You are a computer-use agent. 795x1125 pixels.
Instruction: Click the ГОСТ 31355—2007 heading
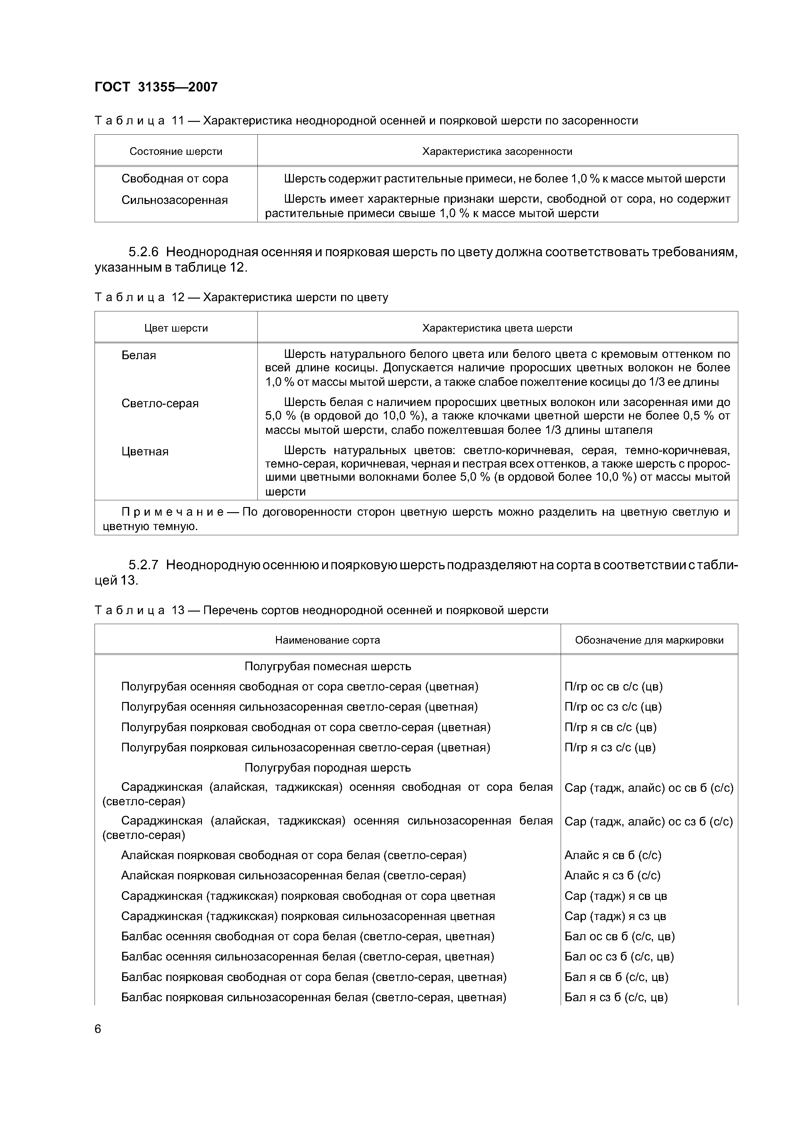[x=156, y=87]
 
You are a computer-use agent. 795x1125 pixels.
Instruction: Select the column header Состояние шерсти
[x=176, y=151]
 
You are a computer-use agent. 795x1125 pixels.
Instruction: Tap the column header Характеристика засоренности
[x=497, y=151]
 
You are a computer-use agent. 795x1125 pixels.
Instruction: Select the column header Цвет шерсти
[x=176, y=328]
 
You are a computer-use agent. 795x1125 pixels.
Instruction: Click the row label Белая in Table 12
[x=138, y=355]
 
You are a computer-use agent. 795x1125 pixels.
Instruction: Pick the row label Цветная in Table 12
[x=145, y=451]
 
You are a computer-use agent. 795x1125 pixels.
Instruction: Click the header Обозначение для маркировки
[x=649, y=640]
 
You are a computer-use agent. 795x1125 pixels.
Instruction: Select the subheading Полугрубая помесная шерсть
[x=328, y=666]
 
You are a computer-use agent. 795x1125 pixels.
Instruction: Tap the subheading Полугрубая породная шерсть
[x=328, y=767]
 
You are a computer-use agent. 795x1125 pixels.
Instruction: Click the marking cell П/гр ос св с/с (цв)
[x=613, y=687]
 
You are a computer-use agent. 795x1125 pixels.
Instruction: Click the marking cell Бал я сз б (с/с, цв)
[x=616, y=997]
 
